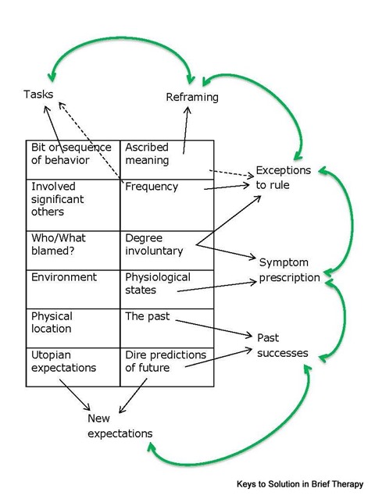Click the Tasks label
coord(38,94)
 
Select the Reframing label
coord(192,97)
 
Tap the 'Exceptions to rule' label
coord(284,177)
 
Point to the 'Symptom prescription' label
coord(289,270)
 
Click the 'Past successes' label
coord(283,345)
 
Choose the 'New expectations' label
coord(120,426)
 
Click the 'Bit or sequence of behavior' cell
coord(73,159)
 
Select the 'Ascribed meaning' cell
coord(167,159)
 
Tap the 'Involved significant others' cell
coord(73,205)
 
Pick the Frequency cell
coord(167,205)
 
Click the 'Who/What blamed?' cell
coord(73,251)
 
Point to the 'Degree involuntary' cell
coord(167,251)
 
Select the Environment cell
coord(73,289)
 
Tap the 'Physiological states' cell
coord(167,289)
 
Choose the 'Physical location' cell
coord(73,328)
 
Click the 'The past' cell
coord(167,328)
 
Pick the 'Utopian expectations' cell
coord(73,367)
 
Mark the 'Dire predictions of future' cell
coord(167,367)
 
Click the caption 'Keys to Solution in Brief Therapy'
coord(300,484)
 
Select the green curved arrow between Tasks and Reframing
coord(121,37)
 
